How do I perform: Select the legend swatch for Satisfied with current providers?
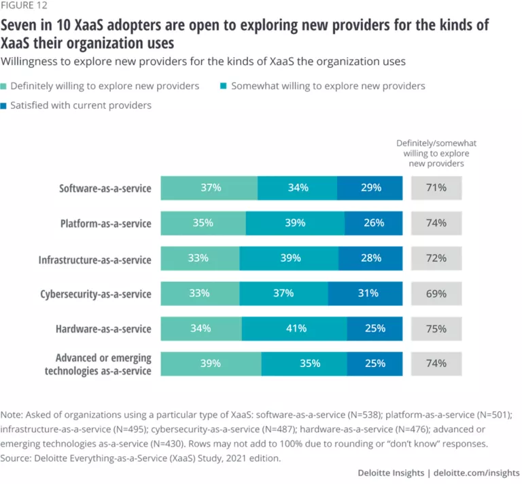coord(7,105)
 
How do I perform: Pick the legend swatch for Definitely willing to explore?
coord(7,86)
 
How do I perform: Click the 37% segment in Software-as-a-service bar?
coord(209,188)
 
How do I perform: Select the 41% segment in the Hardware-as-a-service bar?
coord(294,329)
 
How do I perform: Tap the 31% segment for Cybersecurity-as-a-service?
coord(365,294)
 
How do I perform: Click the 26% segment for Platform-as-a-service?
coord(373,223)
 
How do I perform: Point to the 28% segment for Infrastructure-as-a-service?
coord(370,258)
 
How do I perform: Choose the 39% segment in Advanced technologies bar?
coord(211,364)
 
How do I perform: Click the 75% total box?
coord(436,329)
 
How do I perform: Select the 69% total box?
coord(436,294)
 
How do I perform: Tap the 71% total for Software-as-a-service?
coord(436,188)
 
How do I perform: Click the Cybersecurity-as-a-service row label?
coord(95,294)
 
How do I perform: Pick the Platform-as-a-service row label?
coord(105,223)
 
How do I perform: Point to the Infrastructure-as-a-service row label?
coord(94,258)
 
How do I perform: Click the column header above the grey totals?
coord(436,154)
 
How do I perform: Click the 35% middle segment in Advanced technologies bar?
coord(304,364)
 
